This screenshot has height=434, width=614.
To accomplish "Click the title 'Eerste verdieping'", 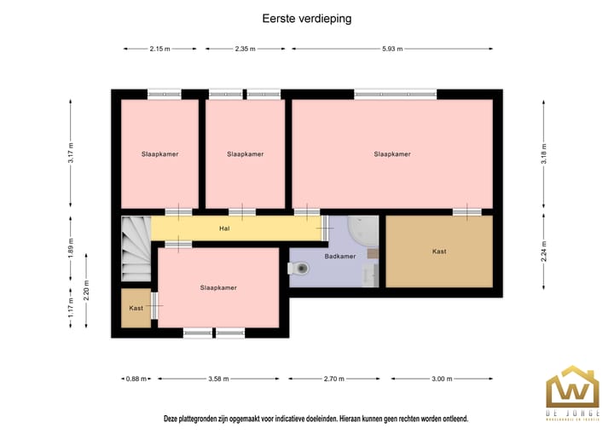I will (306, 17).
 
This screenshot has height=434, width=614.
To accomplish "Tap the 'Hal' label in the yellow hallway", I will (224, 229).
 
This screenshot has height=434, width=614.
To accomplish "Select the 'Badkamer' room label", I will (339, 256).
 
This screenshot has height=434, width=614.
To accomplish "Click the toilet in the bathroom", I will (299, 268).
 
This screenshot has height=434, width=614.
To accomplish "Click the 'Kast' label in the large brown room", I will (439, 252).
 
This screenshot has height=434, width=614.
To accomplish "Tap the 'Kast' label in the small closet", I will (136, 308).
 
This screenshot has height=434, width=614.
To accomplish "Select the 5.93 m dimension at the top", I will (393, 49).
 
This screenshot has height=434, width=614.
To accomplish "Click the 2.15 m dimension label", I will (159, 49).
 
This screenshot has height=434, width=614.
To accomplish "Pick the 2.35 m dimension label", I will (245, 49).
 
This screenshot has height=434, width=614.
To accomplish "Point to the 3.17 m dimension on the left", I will (72, 153).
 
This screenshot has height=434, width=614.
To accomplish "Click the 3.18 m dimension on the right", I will (543, 153).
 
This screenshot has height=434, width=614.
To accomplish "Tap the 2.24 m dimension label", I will (543, 252).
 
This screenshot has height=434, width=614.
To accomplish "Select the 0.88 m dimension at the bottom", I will (136, 379).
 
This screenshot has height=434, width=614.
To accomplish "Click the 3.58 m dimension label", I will (218, 379).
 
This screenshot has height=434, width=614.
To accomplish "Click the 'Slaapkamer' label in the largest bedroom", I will (392, 154).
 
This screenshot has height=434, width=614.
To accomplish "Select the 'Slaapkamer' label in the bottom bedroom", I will (218, 288).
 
